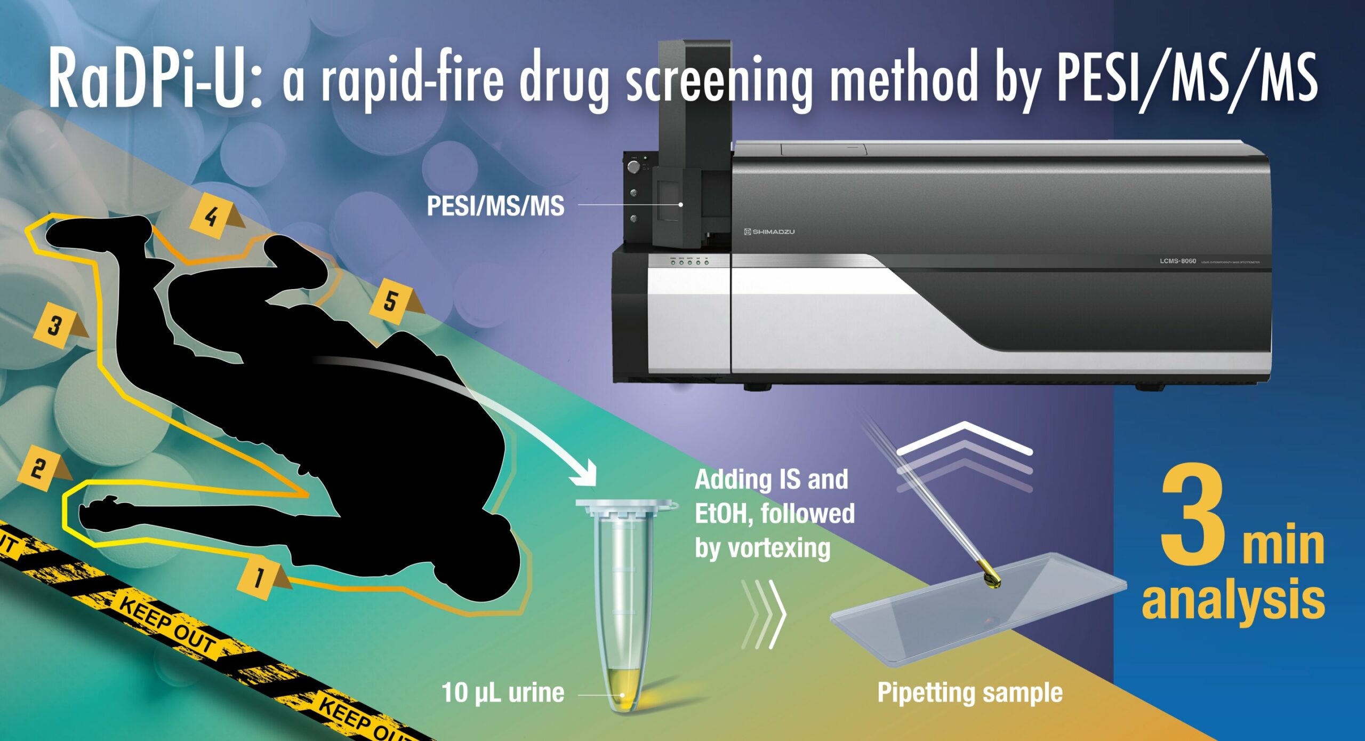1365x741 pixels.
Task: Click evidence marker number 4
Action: (x=211, y=217)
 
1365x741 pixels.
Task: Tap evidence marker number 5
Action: (x=391, y=302)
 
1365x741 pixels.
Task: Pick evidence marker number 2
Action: (x=38, y=469)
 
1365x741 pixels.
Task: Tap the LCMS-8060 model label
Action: (x=1177, y=261)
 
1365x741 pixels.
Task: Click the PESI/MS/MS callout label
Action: (x=495, y=206)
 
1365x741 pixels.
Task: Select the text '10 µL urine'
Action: (x=503, y=693)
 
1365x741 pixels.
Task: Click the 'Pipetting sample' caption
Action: (x=970, y=693)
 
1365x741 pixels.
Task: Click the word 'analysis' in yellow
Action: (x=1233, y=600)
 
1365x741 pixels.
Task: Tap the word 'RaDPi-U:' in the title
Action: (x=155, y=79)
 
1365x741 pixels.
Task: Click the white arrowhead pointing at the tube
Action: (x=589, y=474)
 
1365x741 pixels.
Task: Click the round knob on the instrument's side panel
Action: (x=633, y=167)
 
